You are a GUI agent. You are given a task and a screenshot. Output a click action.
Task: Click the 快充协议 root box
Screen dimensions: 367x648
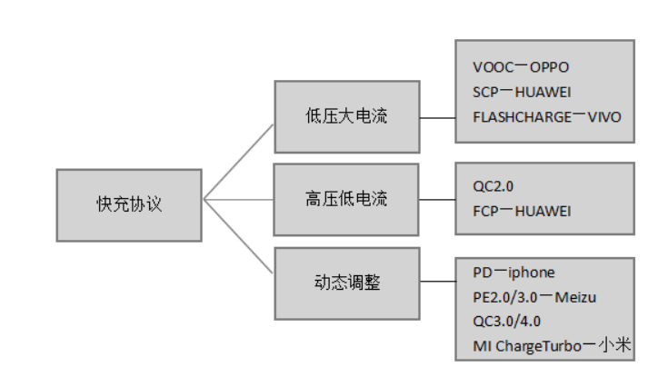[128, 204]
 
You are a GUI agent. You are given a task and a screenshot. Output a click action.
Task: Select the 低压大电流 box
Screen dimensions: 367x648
[346, 116]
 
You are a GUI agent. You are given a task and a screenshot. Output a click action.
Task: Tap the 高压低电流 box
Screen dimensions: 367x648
[346, 199]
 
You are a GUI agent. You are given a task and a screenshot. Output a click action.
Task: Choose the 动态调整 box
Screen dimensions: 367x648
[346, 283]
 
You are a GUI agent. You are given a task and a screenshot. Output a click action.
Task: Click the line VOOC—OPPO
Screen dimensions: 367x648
[521, 67]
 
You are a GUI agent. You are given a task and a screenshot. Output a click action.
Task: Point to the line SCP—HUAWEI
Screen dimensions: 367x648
[522, 92]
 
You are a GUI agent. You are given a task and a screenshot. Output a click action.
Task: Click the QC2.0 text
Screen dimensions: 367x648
[493, 187]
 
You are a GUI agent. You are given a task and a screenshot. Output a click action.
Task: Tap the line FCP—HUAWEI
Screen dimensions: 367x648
[522, 212]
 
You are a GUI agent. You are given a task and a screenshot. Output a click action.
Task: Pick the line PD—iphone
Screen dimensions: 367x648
[513, 273]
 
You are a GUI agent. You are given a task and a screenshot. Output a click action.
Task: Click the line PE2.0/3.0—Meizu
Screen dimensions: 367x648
[534, 297]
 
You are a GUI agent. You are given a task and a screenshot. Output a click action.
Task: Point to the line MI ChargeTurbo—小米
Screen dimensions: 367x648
[551, 346]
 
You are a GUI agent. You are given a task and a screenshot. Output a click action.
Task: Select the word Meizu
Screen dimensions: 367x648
[576, 297]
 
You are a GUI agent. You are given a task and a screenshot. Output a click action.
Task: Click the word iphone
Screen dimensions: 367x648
[532, 273]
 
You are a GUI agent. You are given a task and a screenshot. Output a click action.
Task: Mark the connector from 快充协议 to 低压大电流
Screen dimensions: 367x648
[238, 162]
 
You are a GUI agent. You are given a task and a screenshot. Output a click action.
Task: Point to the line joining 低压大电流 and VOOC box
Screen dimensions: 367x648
[437, 117]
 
